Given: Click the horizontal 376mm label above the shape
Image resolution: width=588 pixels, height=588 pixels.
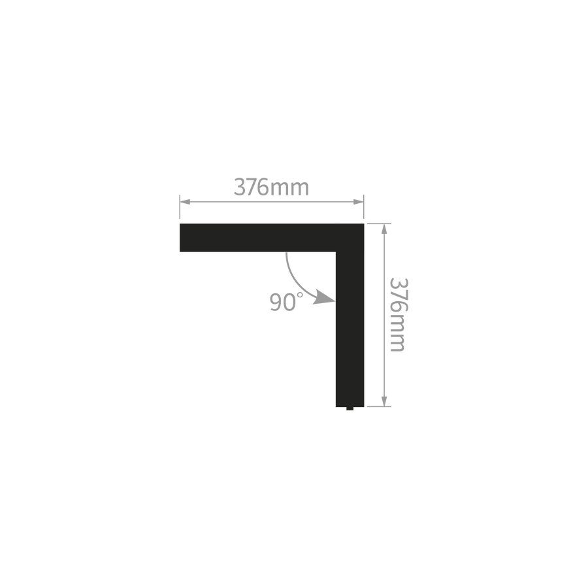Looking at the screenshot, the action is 271,187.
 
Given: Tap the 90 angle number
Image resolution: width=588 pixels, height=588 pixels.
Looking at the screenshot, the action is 283,302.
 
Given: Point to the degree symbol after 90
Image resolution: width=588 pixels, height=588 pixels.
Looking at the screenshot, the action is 300,295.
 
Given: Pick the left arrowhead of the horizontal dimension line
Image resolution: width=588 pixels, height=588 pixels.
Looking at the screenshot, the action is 185,202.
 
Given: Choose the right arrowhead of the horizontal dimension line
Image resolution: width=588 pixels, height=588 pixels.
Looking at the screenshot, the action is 359,202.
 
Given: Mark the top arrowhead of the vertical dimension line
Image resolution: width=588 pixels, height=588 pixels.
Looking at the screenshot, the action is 384,229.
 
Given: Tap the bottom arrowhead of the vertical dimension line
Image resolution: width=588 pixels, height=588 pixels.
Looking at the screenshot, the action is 384,401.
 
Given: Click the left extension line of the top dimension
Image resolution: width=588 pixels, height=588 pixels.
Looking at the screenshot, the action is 180,206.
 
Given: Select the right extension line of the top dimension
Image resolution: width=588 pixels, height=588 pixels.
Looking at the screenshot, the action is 364,206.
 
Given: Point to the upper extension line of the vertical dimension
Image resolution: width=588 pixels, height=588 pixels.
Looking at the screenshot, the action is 379,223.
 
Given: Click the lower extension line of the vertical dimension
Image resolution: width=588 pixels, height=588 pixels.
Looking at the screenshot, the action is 379,406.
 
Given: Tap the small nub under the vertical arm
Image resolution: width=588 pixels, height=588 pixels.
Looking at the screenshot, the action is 350,408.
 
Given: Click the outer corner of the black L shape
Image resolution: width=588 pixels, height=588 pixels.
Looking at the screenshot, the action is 364,224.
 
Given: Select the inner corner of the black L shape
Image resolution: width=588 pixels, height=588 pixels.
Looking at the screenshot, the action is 336,252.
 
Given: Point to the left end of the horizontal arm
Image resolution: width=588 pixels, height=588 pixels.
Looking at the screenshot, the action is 180,238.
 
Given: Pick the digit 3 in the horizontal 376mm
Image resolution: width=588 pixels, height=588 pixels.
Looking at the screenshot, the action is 239,187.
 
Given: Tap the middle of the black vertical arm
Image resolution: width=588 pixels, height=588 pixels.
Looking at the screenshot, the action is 350,329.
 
